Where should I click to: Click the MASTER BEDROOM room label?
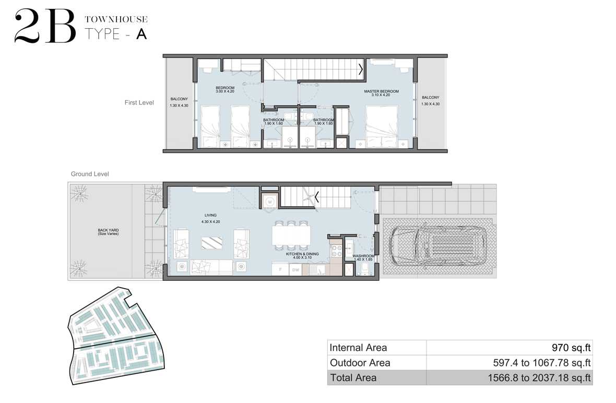381,91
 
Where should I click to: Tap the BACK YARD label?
108,230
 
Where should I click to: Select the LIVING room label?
210,215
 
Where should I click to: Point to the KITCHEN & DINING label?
302,254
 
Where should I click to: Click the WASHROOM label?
363,256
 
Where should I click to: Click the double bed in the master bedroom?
382,126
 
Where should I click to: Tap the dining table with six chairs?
291,235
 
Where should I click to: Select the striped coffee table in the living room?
212,243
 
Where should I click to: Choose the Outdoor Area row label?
360,362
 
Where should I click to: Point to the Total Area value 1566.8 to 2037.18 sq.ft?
539,378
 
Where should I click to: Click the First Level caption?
139,102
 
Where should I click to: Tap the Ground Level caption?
90,174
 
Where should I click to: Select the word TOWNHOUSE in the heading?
116,19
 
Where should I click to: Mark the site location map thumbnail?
116,336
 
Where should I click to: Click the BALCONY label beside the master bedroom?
431,98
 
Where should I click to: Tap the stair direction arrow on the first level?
361,69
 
